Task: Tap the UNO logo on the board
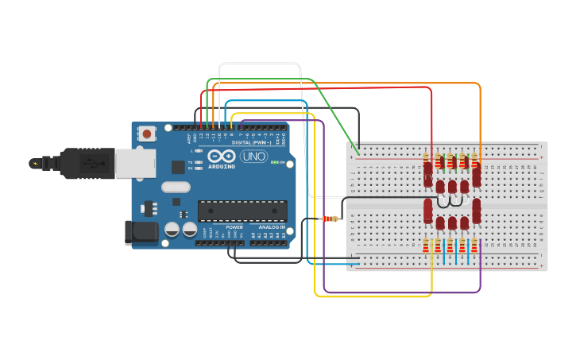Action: pos(253,157)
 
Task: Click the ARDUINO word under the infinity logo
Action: pos(222,166)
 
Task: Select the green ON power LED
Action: pos(273,162)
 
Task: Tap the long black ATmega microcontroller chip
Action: pos(242,211)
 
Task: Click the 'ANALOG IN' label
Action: pos(271,227)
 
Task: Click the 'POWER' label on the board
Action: pos(234,227)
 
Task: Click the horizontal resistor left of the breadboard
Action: pos(330,219)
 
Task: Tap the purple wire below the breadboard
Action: pos(401,292)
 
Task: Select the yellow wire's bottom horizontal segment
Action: pos(373,296)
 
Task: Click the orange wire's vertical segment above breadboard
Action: pos(480,119)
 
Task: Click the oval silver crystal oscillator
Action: pos(176,188)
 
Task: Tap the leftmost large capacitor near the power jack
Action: pos(172,230)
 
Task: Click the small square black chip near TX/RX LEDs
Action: pos(178,167)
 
